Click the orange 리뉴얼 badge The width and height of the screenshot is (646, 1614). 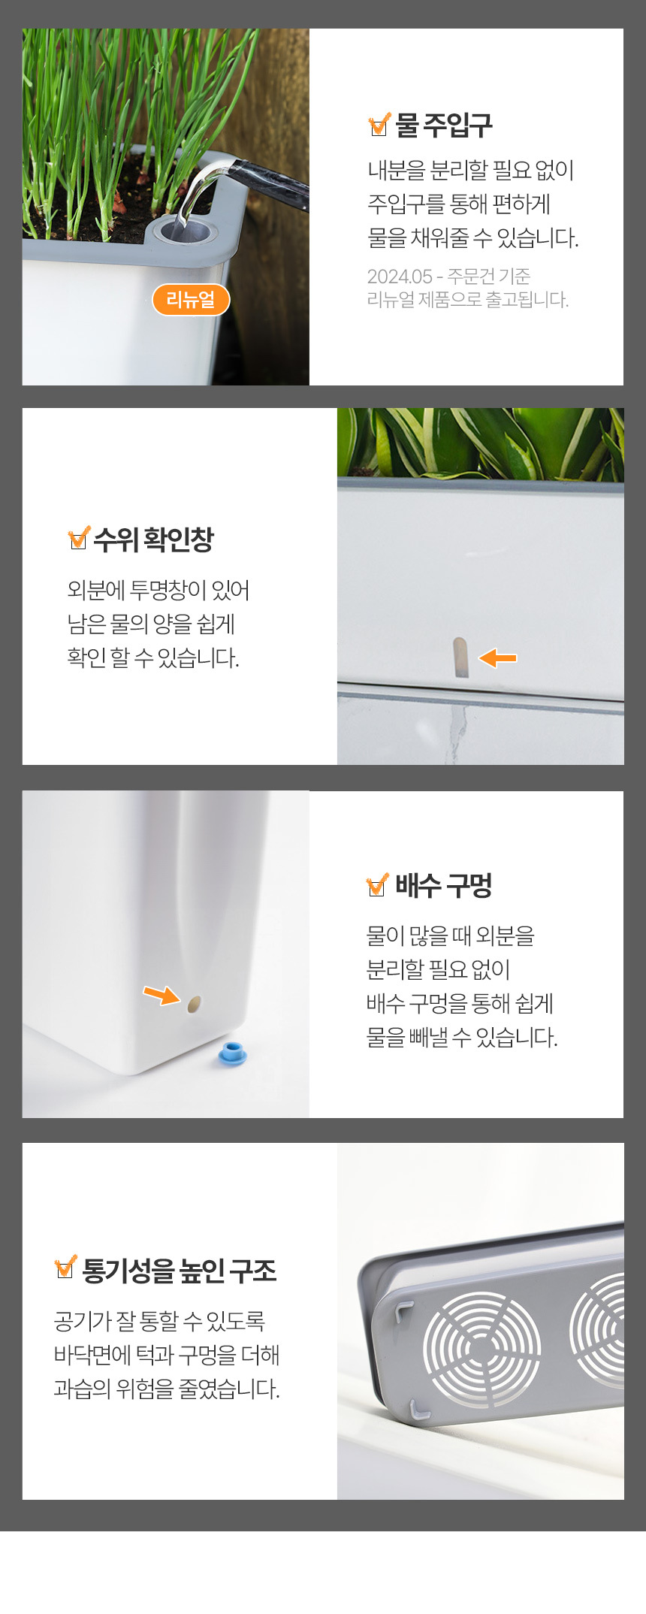coord(191,300)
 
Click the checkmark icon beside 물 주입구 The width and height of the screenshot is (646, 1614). coord(379,124)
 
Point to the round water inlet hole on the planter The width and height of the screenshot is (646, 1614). coord(182,228)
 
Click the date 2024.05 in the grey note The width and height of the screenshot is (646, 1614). coord(399,277)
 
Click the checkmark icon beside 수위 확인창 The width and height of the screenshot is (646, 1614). coord(79,538)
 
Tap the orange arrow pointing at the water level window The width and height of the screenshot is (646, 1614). coord(497,658)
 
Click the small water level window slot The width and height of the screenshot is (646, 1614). coord(460,657)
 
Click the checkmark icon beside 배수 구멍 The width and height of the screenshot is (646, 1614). coord(378,885)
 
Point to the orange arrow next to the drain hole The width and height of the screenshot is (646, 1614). coord(161,995)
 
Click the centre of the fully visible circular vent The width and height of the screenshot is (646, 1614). coord(482,1349)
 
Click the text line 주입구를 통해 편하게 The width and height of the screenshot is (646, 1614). coord(459,204)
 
